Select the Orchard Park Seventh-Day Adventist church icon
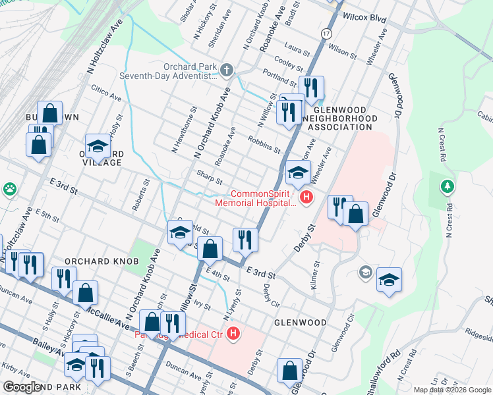point(227,70)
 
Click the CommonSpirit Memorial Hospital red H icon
point(305,197)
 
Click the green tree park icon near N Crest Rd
point(448,187)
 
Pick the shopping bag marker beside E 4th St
point(210,249)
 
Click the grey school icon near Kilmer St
point(365,272)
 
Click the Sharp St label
point(210,177)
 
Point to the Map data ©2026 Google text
point(451,390)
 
